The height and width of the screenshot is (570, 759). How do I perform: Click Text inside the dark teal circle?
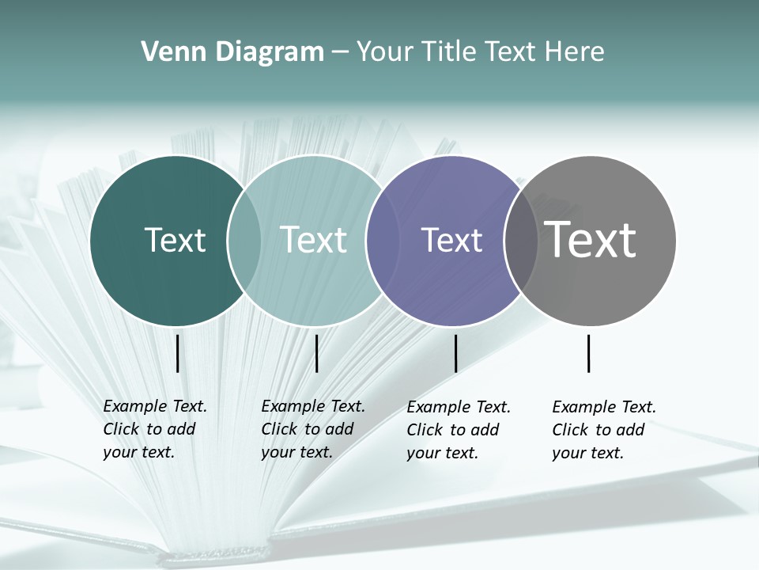coord(175,240)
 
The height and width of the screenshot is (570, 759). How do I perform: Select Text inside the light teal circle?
coord(313,240)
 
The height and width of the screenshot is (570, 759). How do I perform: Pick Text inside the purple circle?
coord(451,240)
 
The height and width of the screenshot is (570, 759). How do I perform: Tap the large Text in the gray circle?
coord(591,240)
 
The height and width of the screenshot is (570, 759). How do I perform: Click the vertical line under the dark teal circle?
coord(177,353)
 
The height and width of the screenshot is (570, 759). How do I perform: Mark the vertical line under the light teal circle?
coord(316,353)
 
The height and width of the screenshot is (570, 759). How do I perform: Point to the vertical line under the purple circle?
coord(456,353)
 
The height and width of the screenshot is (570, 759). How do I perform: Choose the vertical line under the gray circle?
coord(589,353)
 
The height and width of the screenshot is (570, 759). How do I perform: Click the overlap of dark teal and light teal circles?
coord(244,241)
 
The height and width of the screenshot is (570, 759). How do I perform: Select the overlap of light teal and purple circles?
coord(383,241)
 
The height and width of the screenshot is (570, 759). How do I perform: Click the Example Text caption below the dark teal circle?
coord(155,429)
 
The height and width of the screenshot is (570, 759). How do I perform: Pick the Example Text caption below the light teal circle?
coord(313,429)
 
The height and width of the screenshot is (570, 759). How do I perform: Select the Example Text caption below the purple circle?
coord(459,430)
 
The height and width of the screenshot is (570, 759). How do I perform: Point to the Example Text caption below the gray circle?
coord(604,430)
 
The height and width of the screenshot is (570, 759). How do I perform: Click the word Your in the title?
coord(386,51)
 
